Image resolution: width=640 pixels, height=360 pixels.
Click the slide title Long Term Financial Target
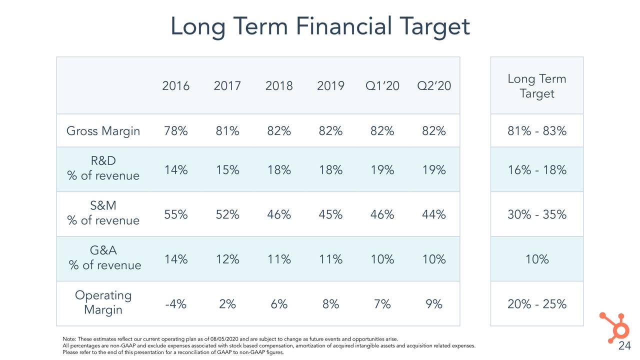[320, 26]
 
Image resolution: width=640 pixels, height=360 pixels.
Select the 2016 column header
[175, 86]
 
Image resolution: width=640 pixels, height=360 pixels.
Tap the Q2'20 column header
[433, 86]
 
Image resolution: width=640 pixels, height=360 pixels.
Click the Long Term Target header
[536, 86]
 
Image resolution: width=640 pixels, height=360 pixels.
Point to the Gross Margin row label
[103, 131]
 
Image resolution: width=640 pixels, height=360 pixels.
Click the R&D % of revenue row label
[103, 169]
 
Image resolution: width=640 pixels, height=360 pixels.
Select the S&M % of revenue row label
[103, 213]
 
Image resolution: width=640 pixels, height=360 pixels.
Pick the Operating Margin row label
[103, 302]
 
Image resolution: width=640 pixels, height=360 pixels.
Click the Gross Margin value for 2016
[175, 131]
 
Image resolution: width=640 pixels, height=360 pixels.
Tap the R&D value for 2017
[227, 170]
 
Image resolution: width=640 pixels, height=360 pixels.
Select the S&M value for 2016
[175, 214]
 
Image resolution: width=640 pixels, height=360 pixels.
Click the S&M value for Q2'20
[433, 214]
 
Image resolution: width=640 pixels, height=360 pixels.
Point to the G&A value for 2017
[227, 259]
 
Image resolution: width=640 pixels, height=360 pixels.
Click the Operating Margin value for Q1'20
[382, 304]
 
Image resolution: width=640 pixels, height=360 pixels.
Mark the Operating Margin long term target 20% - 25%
[536, 304]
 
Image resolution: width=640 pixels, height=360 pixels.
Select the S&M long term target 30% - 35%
[536, 214]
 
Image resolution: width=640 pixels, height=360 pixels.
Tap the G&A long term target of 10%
[536, 259]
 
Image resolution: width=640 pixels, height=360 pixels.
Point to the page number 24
[624, 347]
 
